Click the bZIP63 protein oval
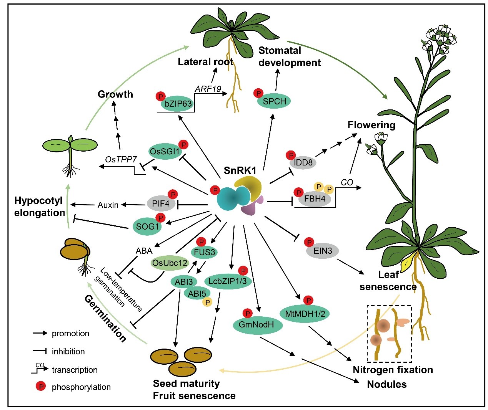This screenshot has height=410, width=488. click(x=178, y=104)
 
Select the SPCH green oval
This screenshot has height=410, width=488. click(x=274, y=101)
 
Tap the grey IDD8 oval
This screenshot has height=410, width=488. click(x=303, y=163)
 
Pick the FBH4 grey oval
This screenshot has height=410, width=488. click(x=315, y=199)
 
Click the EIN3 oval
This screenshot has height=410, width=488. click(x=322, y=251)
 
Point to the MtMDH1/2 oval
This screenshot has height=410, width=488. click(x=305, y=314)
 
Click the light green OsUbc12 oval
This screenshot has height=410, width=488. click(x=170, y=263)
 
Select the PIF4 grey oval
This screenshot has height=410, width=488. click(x=161, y=203)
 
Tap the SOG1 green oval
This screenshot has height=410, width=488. click(x=147, y=226)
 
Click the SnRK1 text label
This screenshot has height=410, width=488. click(x=240, y=170)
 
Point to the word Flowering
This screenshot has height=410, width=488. click(x=371, y=125)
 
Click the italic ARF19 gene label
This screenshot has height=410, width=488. click(x=208, y=89)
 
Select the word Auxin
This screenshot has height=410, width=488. click(x=108, y=205)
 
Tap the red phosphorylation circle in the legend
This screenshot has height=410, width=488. click(x=40, y=387)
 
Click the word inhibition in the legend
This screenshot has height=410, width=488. click(x=68, y=351)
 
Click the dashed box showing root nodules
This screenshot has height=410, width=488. click(x=389, y=334)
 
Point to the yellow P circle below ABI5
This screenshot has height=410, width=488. click(x=208, y=303)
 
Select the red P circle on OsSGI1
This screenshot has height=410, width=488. click(x=184, y=144)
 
